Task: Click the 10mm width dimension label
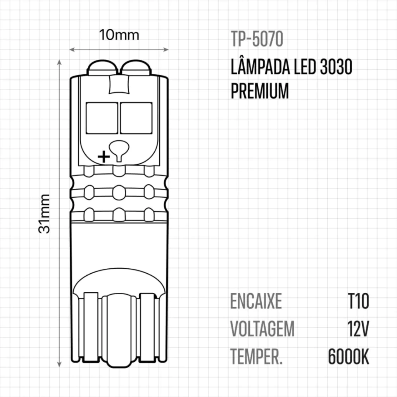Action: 119,35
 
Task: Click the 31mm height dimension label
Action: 44,214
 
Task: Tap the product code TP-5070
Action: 257,39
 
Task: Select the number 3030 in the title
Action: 336,67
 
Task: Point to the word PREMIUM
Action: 260,91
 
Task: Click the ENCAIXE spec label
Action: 256,301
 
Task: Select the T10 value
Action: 359,301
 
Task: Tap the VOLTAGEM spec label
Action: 262,329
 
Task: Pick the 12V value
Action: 358,329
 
